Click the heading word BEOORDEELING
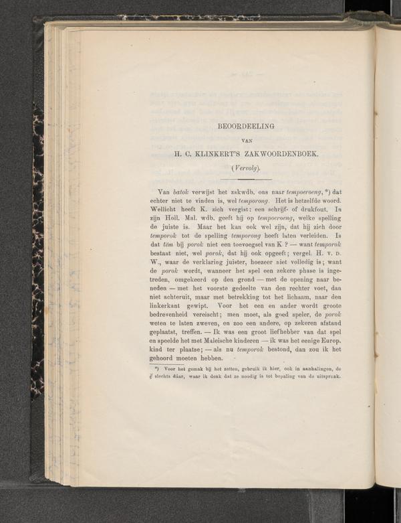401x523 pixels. pyautogui.click(x=247, y=126)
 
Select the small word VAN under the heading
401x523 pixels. pyautogui.click(x=247, y=140)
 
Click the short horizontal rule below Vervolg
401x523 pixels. pyautogui.click(x=246, y=179)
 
